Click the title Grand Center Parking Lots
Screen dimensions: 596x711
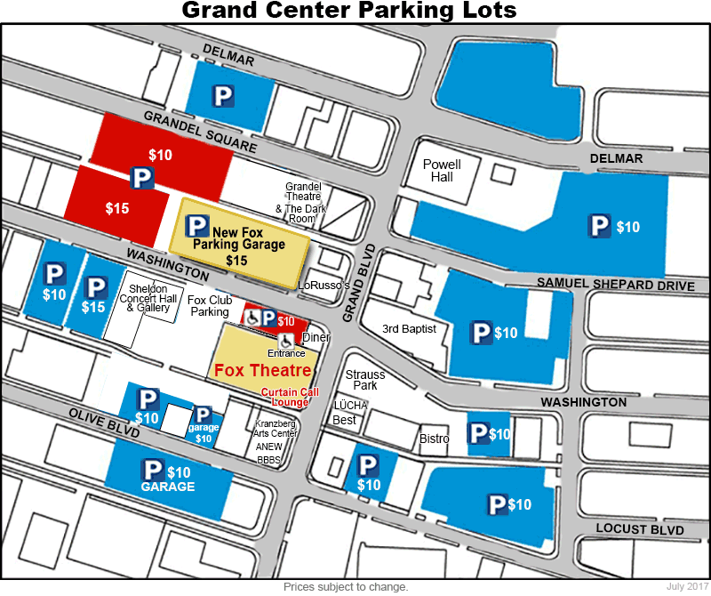(348, 12)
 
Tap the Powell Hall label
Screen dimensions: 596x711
(442, 171)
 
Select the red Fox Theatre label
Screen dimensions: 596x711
(260, 370)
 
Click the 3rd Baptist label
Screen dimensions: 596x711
(409, 329)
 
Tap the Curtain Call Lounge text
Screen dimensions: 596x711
(284, 397)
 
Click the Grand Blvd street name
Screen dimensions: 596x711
(361, 272)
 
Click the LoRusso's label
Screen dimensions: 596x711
(324, 286)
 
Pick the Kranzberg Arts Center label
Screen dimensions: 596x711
(275, 429)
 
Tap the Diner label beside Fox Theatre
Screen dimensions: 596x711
(316, 338)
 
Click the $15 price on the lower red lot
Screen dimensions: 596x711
(116, 209)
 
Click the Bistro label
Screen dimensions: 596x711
(435, 439)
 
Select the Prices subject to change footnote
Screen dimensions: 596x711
(346, 587)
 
